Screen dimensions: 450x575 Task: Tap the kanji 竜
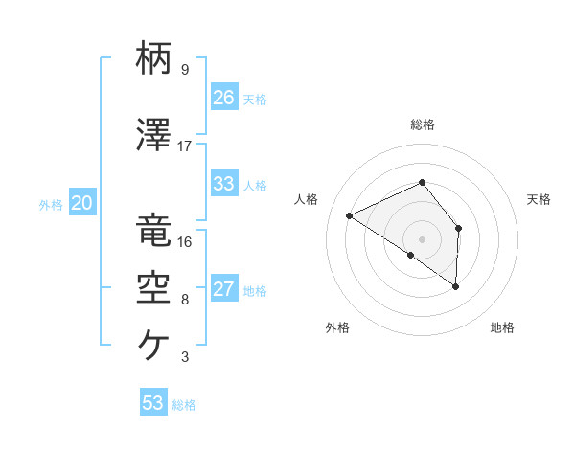point(153,231)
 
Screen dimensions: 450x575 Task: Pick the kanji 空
point(153,287)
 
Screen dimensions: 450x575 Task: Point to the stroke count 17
point(185,146)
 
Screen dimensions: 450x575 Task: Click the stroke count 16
point(185,242)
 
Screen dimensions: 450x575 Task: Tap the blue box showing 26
point(224,98)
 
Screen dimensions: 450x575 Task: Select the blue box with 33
point(224,184)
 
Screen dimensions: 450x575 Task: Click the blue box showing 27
point(224,289)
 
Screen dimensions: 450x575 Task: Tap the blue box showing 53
point(153,403)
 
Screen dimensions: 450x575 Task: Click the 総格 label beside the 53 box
point(184,405)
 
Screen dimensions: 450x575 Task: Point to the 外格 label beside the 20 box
point(51,204)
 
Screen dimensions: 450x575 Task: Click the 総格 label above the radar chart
point(422,124)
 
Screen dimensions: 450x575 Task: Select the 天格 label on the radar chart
point(539,199)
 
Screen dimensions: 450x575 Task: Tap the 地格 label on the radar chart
point(502,327)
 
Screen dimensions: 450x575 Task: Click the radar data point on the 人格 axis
point(350,215)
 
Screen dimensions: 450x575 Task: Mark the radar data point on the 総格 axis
point(422,182)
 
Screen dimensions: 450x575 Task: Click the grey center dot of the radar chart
point(422,238)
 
